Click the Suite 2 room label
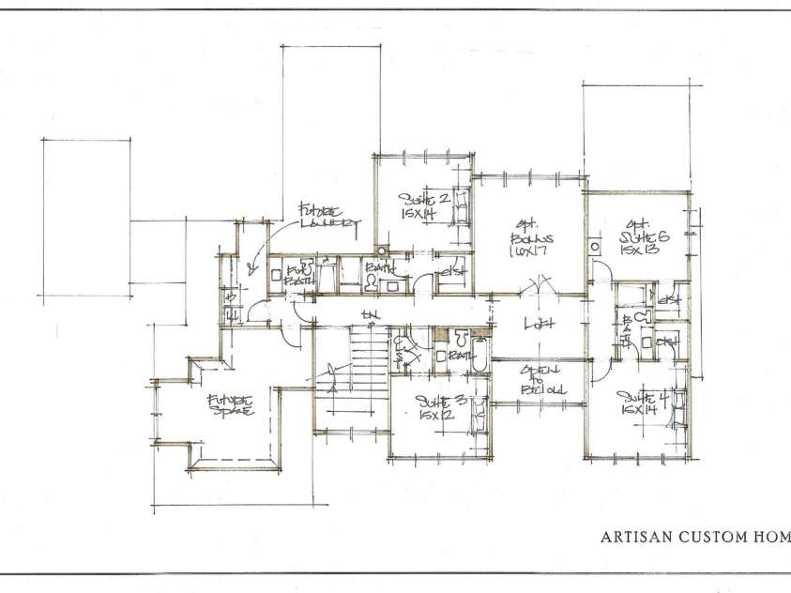[422, 199]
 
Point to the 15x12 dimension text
[433, 417]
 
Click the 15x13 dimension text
[640, 251]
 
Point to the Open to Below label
[540, 377]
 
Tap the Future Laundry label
[324, 216]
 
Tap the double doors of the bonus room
[542, 284]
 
